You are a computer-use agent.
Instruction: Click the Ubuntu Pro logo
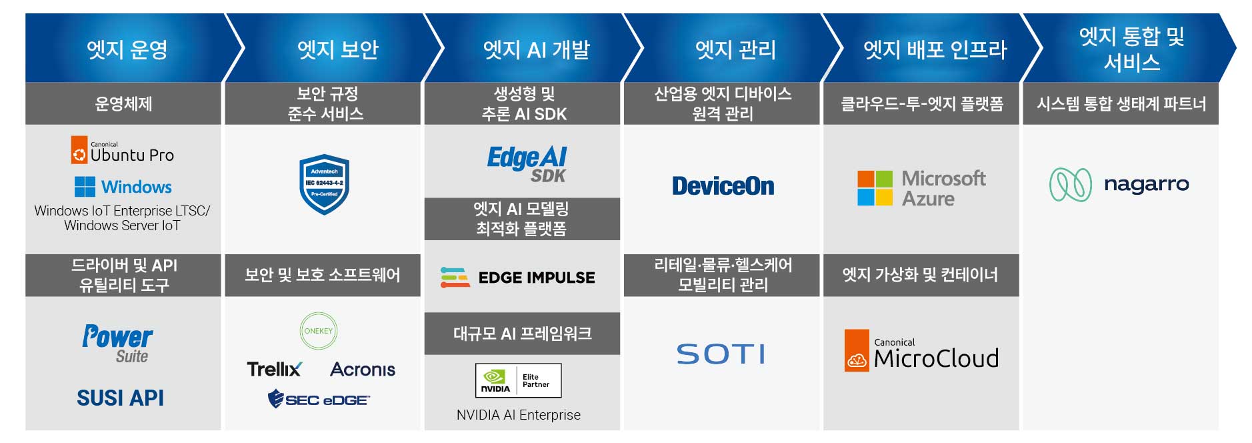pyautogui.click(x=123, y=150)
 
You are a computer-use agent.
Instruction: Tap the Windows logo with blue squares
pyautogui.click(x=123, y=187)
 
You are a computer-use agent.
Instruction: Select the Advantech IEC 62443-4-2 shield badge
pyautogui.click(x=324, y=184)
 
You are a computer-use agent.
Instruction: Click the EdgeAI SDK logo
pyautogui.click(x=527, y=164)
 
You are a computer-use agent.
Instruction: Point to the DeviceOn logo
pyautogui.click(x=723, y=186)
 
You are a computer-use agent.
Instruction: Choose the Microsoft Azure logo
pyautogui.click(x=921, y=188)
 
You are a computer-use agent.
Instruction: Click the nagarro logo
pyautogui.click(x=1119, y=185)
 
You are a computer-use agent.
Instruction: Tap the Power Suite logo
pyautogui.click(x=117, y=344)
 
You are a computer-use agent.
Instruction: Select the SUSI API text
pyautogui.click(x=120, y=398)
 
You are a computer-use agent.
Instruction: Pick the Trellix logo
pyautogui.click(x=274, y=369)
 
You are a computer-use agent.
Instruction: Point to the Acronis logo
pyautogui.click(x=363, y=370)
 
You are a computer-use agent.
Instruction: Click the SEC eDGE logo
pyautogui.click(x=319, y=400)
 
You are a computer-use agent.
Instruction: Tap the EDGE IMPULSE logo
pyautogui.click(x=518, y=278)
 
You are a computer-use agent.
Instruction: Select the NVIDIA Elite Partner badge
pyautogui.click(x=519, y=380)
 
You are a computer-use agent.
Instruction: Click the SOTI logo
pyautogui.click(x=721, y=354)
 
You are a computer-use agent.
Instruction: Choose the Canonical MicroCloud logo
pyautogui.click(x=921, y=351)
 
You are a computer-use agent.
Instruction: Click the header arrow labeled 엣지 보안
pyautogui.click(x=334, y=49)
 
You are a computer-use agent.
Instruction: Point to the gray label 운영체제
pyautogui.click(x=123, y=104)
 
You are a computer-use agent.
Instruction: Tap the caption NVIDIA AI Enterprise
pyautogui.click(x=519, y=415)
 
